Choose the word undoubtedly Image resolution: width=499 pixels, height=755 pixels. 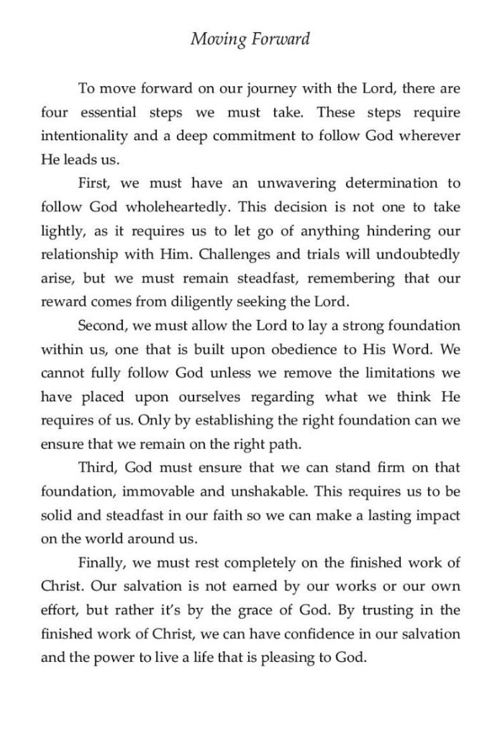[417, 255]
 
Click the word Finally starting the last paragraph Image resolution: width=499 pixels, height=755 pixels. [100, 562]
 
